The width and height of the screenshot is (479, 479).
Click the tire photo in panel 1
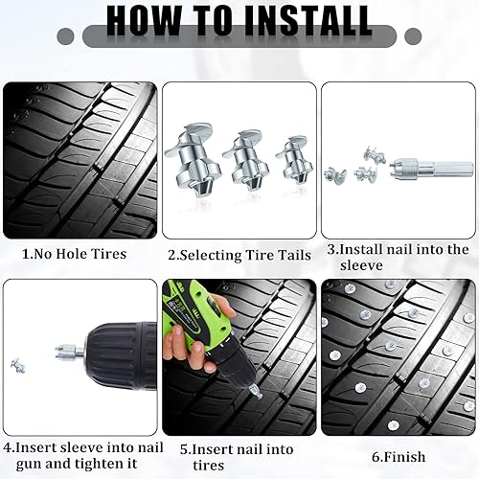80,159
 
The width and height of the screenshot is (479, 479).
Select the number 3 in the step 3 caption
331,249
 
